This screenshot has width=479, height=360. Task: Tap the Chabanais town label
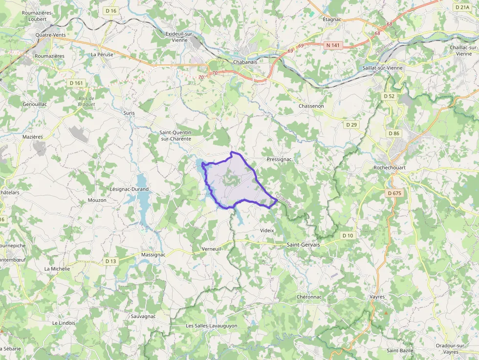[245, 62]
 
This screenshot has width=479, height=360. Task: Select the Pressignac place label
[279, 159]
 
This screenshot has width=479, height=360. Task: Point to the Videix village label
[267, 230]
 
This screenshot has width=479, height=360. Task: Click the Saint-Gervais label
[303, 244]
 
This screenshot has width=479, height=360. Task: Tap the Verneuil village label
[212, 249]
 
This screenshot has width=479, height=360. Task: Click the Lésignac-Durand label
[130, 189]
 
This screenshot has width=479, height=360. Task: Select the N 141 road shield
[332, 45]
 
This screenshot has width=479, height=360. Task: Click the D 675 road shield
[394, 193]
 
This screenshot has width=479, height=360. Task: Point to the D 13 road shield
[111, 261]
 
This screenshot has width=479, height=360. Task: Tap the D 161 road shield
[77, 83]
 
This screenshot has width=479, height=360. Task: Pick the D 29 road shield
[351, 125]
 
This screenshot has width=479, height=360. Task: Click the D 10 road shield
[348, 235]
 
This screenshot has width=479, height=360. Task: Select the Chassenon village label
[311, 106]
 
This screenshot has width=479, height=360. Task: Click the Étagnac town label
[332, 20]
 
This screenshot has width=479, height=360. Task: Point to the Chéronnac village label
[309, 296]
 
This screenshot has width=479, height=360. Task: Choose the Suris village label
[129, 113]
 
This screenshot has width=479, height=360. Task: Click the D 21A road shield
[462, 7]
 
